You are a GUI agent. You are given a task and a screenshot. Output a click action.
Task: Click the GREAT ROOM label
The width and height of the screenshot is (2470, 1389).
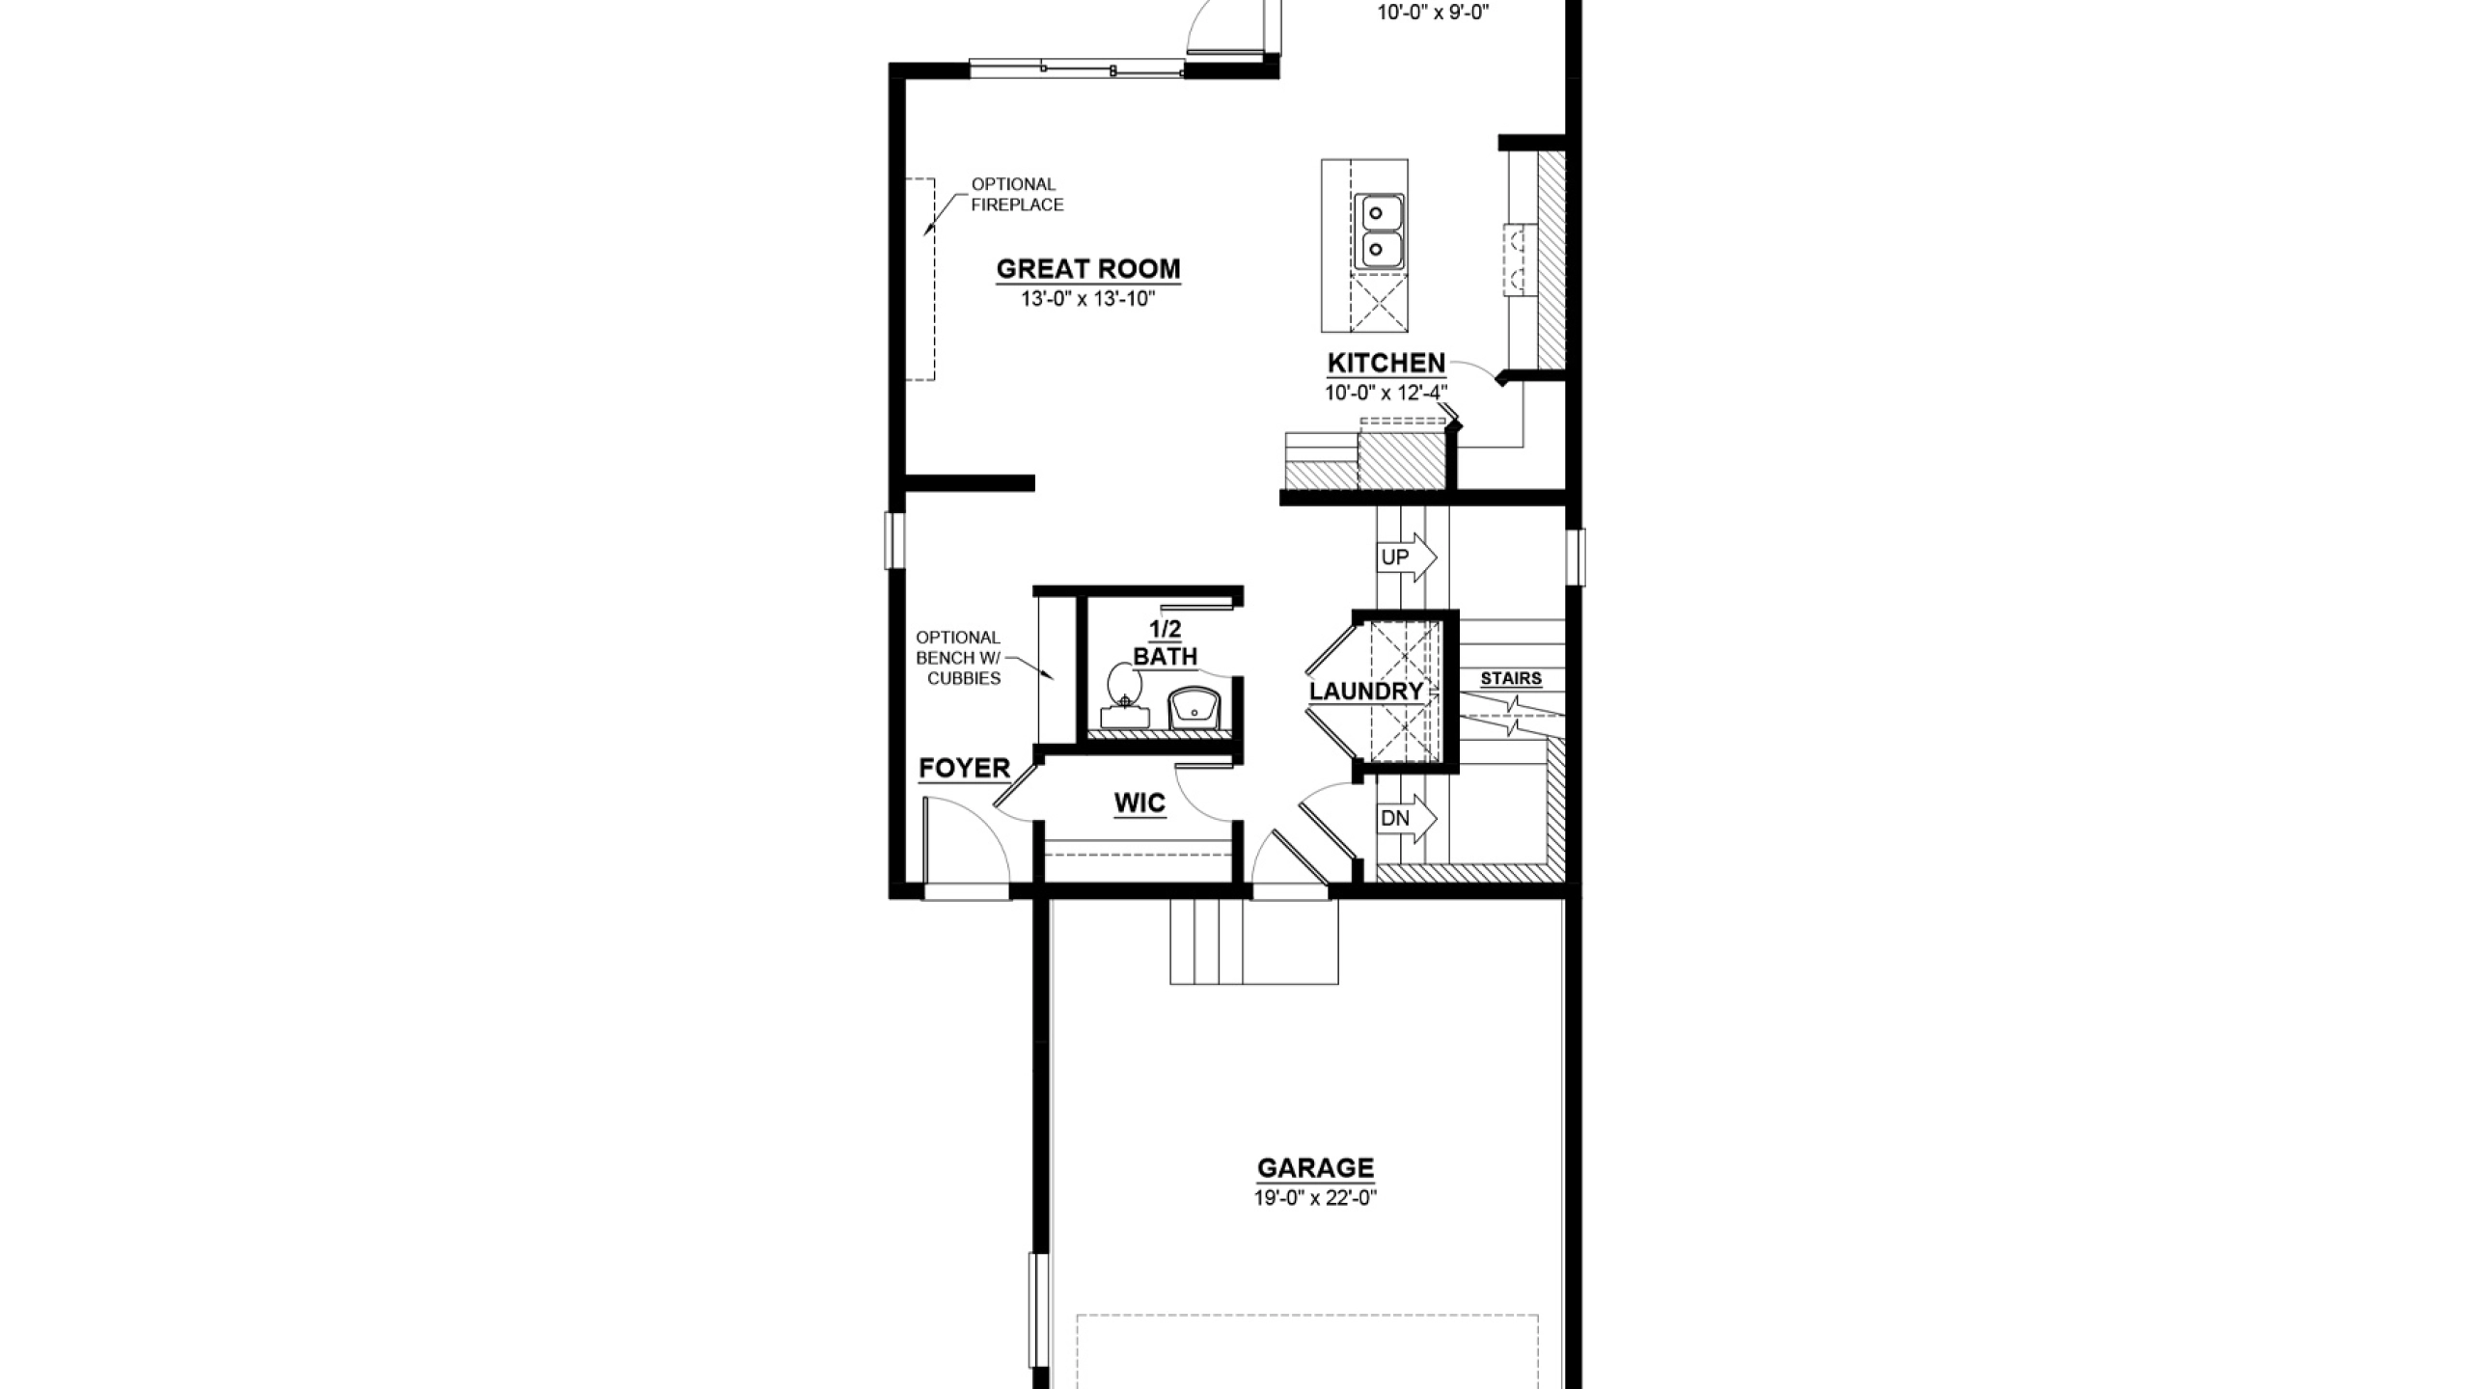(1088, 269)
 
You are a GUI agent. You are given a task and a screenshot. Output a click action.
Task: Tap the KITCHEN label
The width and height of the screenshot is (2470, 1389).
(1386, 364)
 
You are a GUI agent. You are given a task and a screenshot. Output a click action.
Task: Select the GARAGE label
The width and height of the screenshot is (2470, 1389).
(1315, 1168)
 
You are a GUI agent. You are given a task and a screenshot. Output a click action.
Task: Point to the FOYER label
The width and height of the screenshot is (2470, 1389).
(964, 769)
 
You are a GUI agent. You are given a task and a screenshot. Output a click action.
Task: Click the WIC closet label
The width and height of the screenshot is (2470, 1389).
(1139, 803)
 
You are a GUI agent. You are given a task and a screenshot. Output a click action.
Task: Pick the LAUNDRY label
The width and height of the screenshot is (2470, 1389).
(1366, 692)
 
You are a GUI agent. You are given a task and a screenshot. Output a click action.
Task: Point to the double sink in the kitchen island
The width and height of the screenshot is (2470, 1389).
(1379, 231)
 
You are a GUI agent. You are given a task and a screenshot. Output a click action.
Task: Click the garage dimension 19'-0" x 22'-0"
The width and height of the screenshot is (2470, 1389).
(1315, 1199)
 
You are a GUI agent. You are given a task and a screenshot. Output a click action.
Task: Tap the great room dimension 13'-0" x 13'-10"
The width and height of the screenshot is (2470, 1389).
(1088, 299)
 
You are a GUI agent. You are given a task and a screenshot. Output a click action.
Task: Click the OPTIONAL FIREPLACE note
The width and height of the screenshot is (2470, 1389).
(1017, 195)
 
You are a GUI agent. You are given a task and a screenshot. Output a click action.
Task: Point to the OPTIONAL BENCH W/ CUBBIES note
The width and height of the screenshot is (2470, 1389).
(959, 658)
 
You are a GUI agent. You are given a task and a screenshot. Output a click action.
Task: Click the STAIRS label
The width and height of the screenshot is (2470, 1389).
(1511, 679)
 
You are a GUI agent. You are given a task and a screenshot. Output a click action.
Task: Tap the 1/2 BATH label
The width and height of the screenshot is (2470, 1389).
(1166, 643)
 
